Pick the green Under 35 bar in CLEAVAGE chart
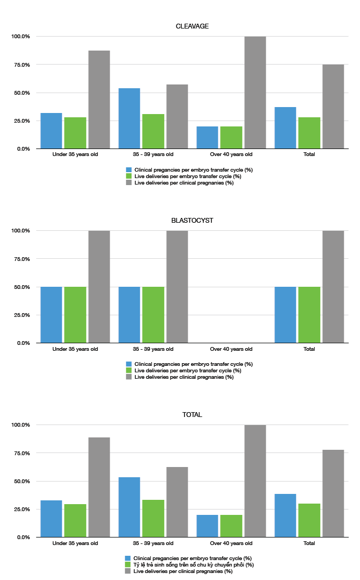tap(75, 133)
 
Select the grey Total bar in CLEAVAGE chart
tap(333, 107)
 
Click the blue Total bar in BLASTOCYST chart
tap(285, 315)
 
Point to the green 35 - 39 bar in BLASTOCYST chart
tap(153, 315)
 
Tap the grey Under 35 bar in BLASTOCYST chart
tap(99, 287)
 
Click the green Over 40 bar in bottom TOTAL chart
tap(231, 526)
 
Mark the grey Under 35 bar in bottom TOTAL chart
tap(99, 487)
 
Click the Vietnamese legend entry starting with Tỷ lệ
tap(194, 565)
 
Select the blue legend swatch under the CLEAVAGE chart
tap(129, 170)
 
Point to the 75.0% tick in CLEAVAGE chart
tap(21, 65)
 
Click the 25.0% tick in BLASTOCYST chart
tap(21, 315)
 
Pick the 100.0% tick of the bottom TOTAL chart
tap(21, 425)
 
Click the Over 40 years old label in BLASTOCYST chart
tap(231, 349)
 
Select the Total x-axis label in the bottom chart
tap(309, 543)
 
